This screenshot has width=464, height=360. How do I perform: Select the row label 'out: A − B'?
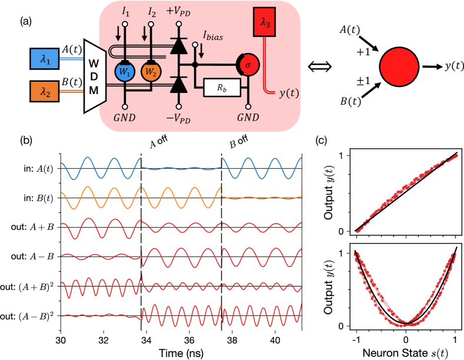pyautogui.click(x=39, y=256)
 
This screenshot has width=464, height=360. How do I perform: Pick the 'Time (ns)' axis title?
pyautogui.click(x=181, y=352)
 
